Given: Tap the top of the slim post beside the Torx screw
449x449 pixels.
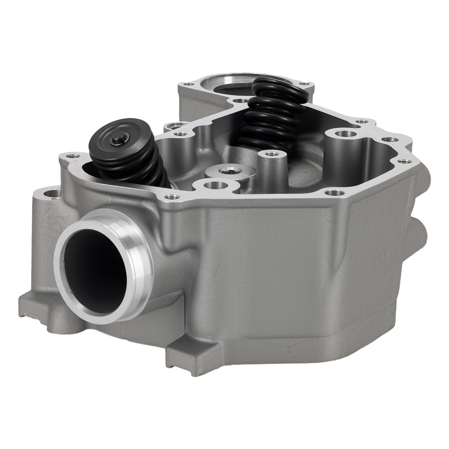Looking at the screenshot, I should [271, 154].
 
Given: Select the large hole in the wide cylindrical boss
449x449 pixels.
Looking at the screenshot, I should [342, 134].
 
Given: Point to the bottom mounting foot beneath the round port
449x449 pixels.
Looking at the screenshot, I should [49, 310].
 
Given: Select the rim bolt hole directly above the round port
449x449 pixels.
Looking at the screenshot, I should [169, 197].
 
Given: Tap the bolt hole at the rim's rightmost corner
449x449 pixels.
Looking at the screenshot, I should [405, 161].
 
